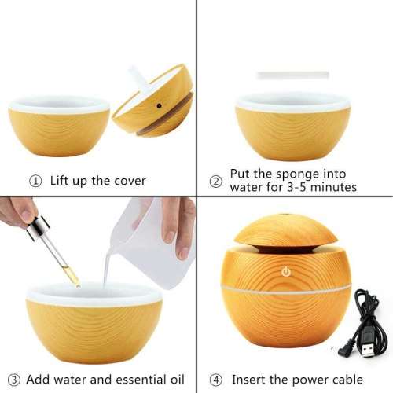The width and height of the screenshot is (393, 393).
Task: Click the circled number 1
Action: coord(35,181)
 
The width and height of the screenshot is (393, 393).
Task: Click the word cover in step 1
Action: coord(127,181)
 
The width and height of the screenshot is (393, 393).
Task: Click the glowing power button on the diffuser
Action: coord(286,272)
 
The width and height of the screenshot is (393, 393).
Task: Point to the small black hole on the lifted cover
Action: coord(158,103)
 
